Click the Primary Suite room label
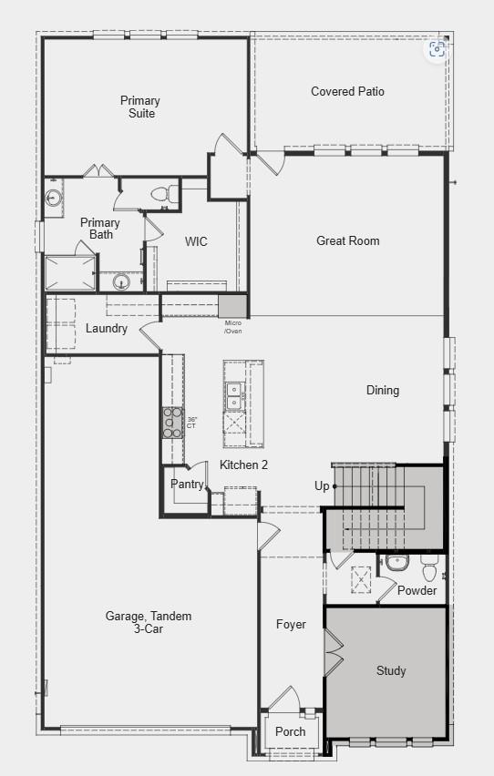tap(139, 107)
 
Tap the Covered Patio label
tap(347, 91)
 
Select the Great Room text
tap(347, 240)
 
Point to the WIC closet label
tap(196, 241)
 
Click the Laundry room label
tap(107, 328)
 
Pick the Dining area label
tap(383, 390)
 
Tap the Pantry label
tap(188, 485)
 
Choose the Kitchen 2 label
tap(243, 465)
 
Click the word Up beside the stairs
tap(322, 485)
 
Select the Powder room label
tap(417, 590)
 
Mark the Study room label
tap(391, 670)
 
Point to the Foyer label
tap(291, 624)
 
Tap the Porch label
tap(291, 731)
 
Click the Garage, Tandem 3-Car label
tap(149, 622)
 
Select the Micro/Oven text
tap(233, 327)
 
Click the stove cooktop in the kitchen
tap(172, 423)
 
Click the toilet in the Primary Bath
tap(162, 193)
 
